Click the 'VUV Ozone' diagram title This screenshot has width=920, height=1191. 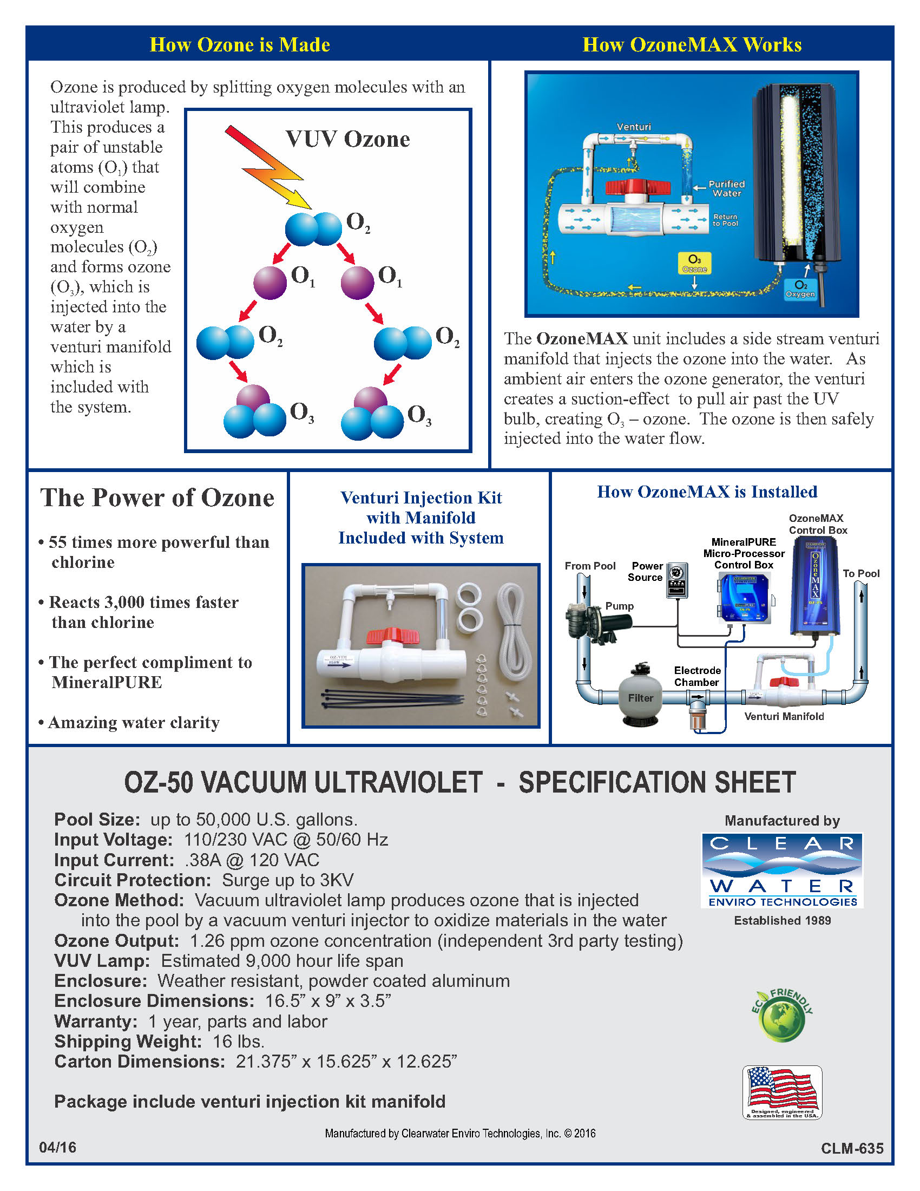tap(347, 139)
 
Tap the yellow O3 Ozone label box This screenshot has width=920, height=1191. tap(694, 263)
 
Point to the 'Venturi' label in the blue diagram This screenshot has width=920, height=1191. tap(633, 127)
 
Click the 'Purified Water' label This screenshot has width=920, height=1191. tap(726, 189)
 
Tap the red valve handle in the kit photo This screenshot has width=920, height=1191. tap(392, 636)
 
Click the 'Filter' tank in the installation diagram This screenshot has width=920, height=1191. tap(640, 698)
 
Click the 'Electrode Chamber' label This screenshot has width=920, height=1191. tap(697, 676)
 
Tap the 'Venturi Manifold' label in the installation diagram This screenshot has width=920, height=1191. tap(784, 717)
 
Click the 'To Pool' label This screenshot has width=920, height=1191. tap(860, 574)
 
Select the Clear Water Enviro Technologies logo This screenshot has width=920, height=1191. tap(782, 871)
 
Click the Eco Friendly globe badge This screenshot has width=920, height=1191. tap(783, 1018)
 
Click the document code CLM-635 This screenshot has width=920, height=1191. tap(852, 1148)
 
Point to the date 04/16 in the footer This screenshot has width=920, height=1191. tap(58, 1147)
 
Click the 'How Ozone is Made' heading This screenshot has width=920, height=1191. tap(240, 45)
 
